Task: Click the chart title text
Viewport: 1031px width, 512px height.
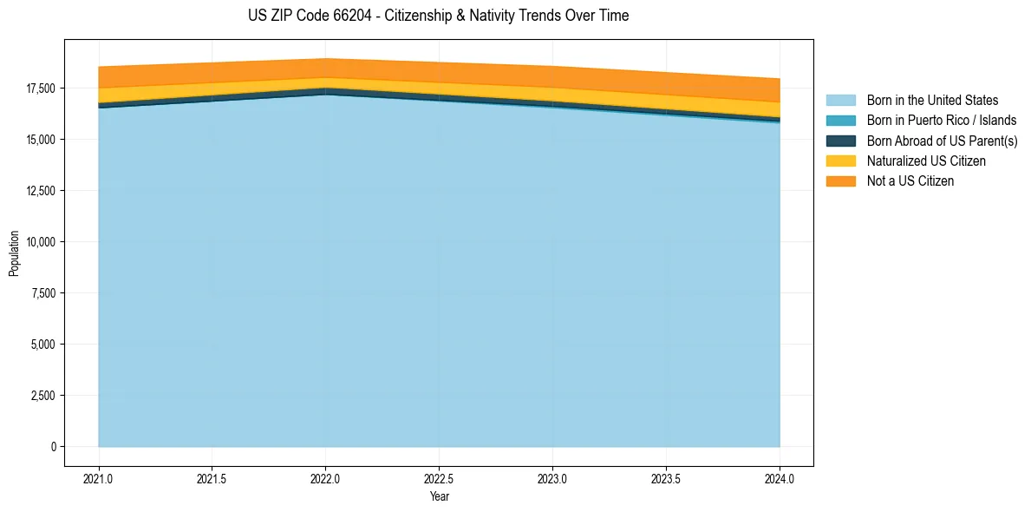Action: click(x=438, y=16)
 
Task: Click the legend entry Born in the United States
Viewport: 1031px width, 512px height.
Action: click(x=932, y=101)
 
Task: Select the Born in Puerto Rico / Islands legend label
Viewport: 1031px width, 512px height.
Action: click(x=942, y=121)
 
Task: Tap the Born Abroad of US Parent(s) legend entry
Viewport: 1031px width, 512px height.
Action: click(x=942, y=141)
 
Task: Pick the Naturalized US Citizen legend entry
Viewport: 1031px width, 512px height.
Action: click(x=926, y=161)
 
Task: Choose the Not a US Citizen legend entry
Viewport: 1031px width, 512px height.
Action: click(x=910, y=181)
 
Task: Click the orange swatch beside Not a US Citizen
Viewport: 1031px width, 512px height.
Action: click(x=840, y=181)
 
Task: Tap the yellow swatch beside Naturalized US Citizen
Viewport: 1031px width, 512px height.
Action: click(x=840, y=161)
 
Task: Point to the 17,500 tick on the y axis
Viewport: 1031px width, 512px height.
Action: click(x=39, y=89)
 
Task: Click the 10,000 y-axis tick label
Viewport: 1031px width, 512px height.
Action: click(x=39, y=242)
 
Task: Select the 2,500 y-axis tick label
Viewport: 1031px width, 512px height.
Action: click(x=42, y=396)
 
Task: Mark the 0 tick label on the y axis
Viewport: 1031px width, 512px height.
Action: click(x=53, y=447)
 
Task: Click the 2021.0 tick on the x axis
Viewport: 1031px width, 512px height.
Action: click(x=99, y=478)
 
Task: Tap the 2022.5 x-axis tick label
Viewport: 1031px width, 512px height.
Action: click(x=439, y=478)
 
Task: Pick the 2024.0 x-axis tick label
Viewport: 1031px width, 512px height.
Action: click(x=780, y=478)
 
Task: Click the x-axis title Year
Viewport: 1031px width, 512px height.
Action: click(x=439, y=496)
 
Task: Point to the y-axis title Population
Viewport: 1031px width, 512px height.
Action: click(x=14, y=253)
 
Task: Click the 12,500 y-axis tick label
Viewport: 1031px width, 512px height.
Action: click(x=39, y=191)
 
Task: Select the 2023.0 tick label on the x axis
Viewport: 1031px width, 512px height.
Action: click(x=552, y=478)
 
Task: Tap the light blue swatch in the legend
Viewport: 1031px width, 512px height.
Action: click(x=840, y=101)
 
